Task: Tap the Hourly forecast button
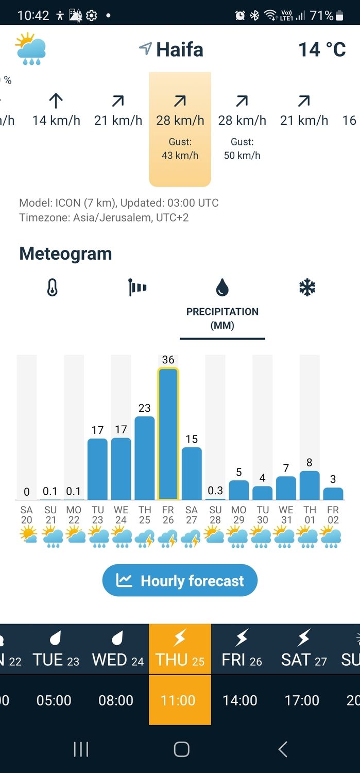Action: pos(180,581)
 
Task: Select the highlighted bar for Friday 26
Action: pos(168,434)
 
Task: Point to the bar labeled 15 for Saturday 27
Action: pos(192,473)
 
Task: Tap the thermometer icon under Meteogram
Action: pos(52,288)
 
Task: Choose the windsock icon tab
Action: pos(138,288)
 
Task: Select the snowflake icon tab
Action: pos(307,288)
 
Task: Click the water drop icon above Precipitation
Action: pos(222,288)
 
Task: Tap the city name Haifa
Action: pos(179,49)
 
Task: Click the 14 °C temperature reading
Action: pos(322,49)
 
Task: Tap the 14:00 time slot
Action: pos(240,700)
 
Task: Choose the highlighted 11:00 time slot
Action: pos(178,700)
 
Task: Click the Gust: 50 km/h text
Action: pos(242,148)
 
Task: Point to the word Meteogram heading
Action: pos(65,254)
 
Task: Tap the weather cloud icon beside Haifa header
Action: pos(31,49)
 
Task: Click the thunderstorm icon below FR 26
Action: pos(168,538)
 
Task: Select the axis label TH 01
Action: pos(310,515)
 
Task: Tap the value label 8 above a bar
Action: pos(310,462)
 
